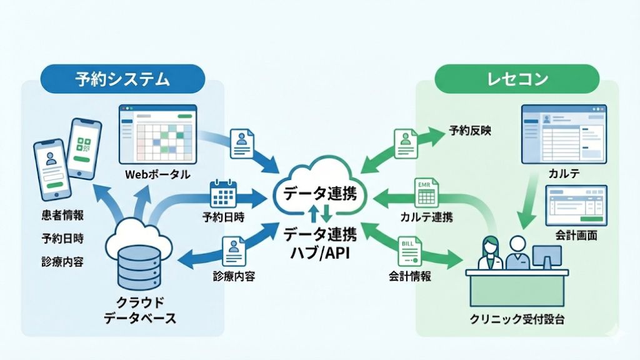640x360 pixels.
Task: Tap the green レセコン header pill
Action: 517,79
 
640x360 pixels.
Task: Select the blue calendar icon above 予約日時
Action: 223,194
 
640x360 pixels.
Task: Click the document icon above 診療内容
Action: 233,251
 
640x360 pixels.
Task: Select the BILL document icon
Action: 409,249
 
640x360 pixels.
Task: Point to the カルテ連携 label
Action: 427,217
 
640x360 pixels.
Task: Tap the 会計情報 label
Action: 409,276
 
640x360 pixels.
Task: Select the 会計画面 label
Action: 576,236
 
